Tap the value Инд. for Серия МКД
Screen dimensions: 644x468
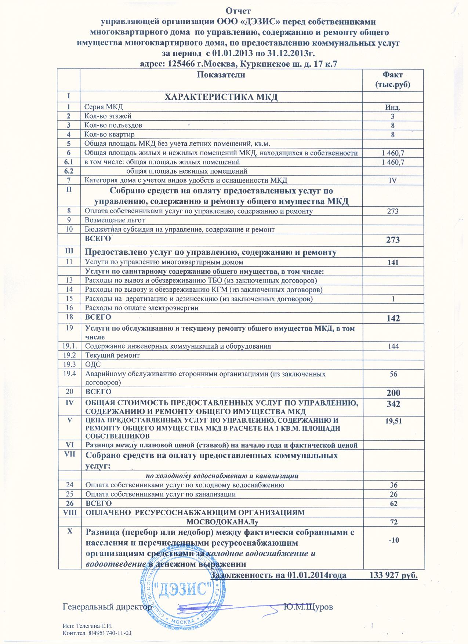click(392, 108)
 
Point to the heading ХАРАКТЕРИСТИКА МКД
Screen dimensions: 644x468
click(221, 97)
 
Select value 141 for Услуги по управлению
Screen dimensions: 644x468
click(392, 262)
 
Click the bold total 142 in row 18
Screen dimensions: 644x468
click(392, 318)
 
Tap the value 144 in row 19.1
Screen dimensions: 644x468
click(392, 346)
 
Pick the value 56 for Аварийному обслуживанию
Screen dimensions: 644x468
click(392, 374)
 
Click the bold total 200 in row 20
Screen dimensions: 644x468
click(392, 393)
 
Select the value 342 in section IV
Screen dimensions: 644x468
click(392, 404)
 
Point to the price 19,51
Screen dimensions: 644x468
click(392, 422)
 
